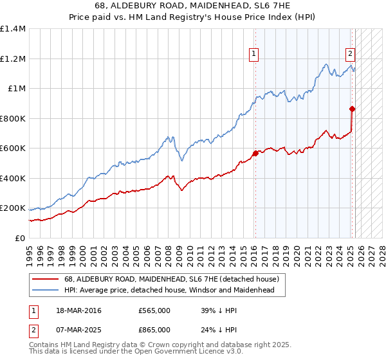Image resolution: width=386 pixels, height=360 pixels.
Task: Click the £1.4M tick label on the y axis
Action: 13,29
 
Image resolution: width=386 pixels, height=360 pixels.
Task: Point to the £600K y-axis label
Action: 13,148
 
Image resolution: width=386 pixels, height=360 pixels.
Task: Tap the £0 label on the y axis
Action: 21,238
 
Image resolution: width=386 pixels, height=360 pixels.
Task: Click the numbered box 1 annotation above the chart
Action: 255,55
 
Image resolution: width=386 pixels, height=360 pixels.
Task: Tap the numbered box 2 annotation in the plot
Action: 351,55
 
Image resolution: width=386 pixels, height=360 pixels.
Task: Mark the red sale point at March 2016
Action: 255,153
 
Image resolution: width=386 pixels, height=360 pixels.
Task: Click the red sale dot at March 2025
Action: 352,109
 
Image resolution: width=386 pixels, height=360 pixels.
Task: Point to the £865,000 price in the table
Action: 154,330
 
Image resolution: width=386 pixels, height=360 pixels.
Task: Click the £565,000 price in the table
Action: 154,310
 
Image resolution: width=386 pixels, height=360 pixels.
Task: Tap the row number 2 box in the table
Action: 33,330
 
